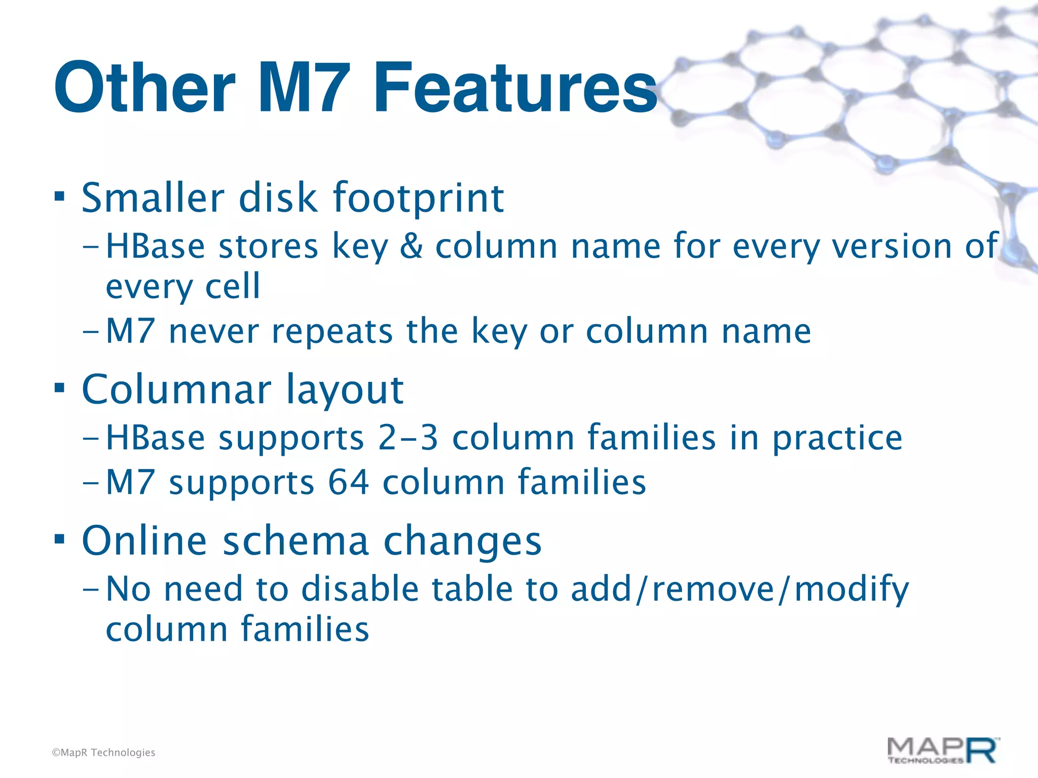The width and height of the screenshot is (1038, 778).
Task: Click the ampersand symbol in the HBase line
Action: pyautogui.click(x=411, y=247)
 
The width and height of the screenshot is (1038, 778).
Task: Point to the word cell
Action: pyautogui.click(x=233, y=286)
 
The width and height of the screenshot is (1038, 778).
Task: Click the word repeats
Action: pyautogui.click(x=332, y=331)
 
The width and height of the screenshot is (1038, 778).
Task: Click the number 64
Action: pyautogui.click(x=349, y=482)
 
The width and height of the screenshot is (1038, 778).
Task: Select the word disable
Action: pyautogui.click(x=360, y=589)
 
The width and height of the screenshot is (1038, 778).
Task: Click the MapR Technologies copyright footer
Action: pyautogui.click(x=103, y=753)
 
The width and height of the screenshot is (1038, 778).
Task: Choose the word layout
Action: pyautogui.click(x=345, y=390)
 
